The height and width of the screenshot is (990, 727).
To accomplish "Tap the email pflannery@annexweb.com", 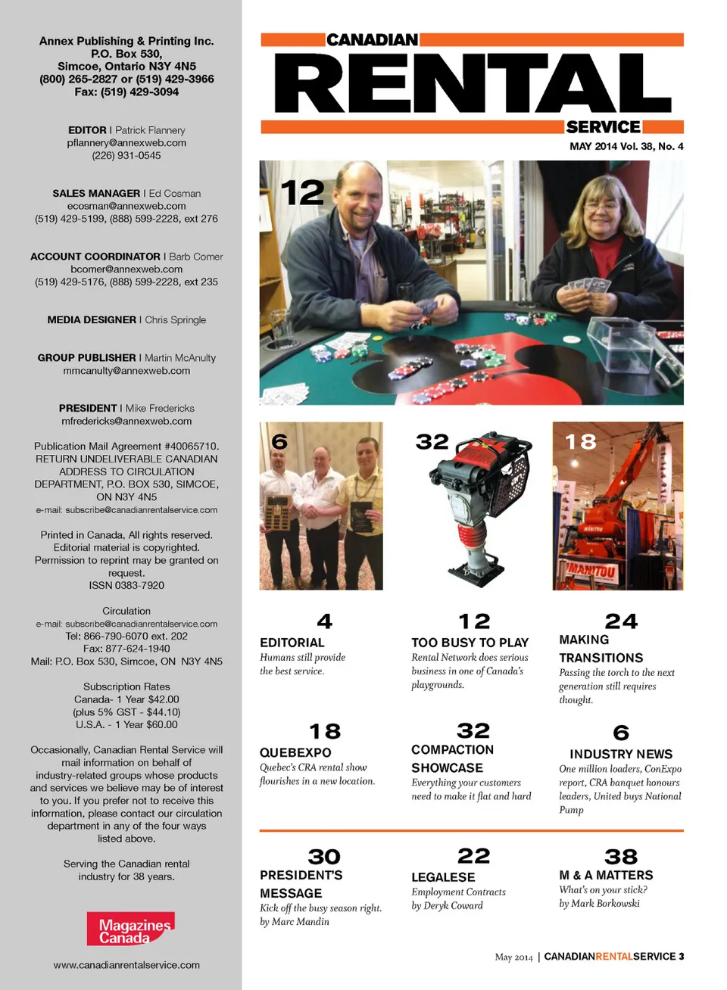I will [x=126, y=142].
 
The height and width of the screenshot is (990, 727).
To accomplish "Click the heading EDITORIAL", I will [x=292, y=643].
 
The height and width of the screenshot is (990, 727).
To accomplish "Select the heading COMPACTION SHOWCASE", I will [x=452, y=758].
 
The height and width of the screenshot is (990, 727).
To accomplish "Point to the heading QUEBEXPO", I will [x=295, y=752].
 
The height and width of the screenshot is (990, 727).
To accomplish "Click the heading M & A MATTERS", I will [x=606, y=875].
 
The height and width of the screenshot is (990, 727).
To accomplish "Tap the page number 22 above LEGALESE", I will [x=473, y=856].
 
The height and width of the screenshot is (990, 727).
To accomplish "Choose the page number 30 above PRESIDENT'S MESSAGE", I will [x=324, y=857].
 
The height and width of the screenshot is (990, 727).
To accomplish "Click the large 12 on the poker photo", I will [x=302, y=193].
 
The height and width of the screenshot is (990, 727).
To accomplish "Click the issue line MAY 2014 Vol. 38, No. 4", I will [x=626, y=146].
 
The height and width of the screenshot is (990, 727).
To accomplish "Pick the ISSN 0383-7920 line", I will [x=126, y=585].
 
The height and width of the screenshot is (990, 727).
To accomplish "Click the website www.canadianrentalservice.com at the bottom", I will [x=126, y=965].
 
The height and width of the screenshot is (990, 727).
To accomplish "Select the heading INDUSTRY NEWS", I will [x=621, y=754].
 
